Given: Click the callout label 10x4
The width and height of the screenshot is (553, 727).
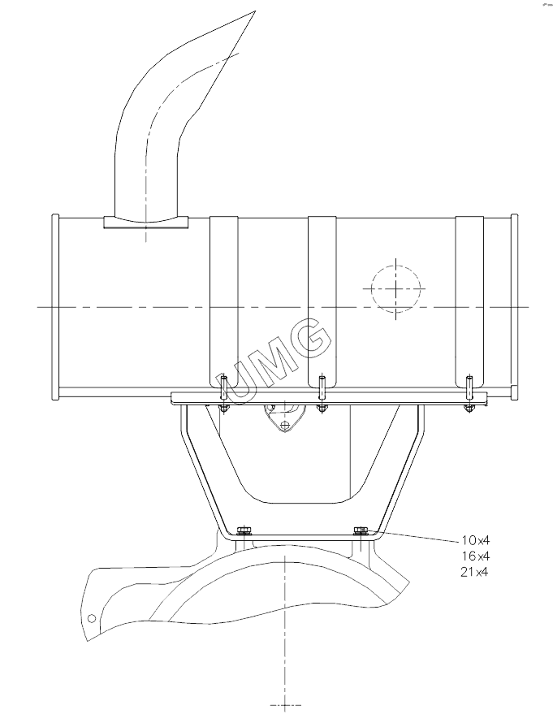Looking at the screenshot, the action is pos(475,539).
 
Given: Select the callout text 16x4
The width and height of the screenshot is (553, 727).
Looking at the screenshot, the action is pos(475,556).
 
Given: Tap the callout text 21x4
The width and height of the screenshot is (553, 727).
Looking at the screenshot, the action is pos(475,571).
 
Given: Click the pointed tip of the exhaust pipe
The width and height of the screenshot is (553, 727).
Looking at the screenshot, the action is pos(255,11).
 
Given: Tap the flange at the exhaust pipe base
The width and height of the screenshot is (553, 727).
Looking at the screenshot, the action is pos(146,222).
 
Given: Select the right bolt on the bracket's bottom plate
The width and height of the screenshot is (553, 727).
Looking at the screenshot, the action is pos(361,530).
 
